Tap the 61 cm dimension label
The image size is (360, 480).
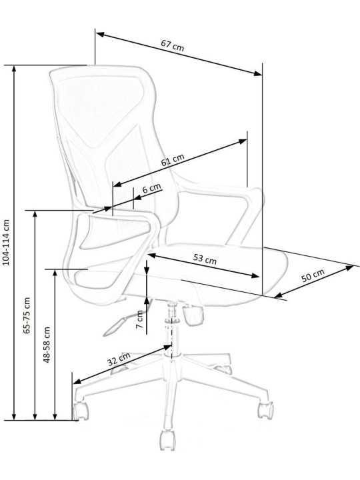coord(173,160)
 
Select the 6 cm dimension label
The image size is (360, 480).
coord(152,188)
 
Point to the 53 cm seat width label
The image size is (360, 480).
coord(205,259)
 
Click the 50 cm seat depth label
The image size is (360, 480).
coord(313,275)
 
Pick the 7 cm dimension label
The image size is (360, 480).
coord(139,319)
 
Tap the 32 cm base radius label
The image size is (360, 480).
coord(119,359)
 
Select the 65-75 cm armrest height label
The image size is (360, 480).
coord(27,315)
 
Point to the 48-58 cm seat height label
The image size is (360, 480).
coord(47,345)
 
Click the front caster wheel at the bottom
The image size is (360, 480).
coord(168,440)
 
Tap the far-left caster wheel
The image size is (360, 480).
coord(81,410)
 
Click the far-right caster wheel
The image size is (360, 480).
coord(265,409)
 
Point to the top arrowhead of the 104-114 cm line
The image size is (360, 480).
coord(14,69)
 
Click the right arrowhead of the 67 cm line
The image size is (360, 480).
coord(258,73)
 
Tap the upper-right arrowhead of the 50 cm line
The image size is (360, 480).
coord(349,268)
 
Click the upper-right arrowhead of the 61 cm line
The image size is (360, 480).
coord(243,141)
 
